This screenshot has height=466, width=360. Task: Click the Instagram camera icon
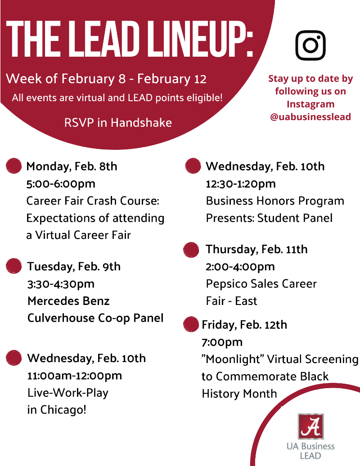310,45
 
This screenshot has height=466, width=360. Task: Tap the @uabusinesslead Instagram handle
310,117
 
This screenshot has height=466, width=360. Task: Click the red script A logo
310,426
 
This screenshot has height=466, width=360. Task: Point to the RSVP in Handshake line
118,123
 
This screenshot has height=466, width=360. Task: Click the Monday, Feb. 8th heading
72,166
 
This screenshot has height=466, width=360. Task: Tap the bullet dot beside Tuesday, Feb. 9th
13,266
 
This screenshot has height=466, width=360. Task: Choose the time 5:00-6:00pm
61,184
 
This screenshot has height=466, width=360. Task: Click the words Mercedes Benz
69,301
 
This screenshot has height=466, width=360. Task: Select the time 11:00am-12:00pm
75,376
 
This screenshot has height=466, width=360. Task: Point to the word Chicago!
63,410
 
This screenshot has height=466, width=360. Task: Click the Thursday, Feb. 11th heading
256,249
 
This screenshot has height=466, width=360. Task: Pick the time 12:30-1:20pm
241,184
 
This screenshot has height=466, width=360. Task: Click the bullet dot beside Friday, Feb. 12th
191,324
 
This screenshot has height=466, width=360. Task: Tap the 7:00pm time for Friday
222,342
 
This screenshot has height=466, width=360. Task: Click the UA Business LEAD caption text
310,451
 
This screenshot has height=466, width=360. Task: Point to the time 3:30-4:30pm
61,284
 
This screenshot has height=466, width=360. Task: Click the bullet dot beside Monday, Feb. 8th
13,166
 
